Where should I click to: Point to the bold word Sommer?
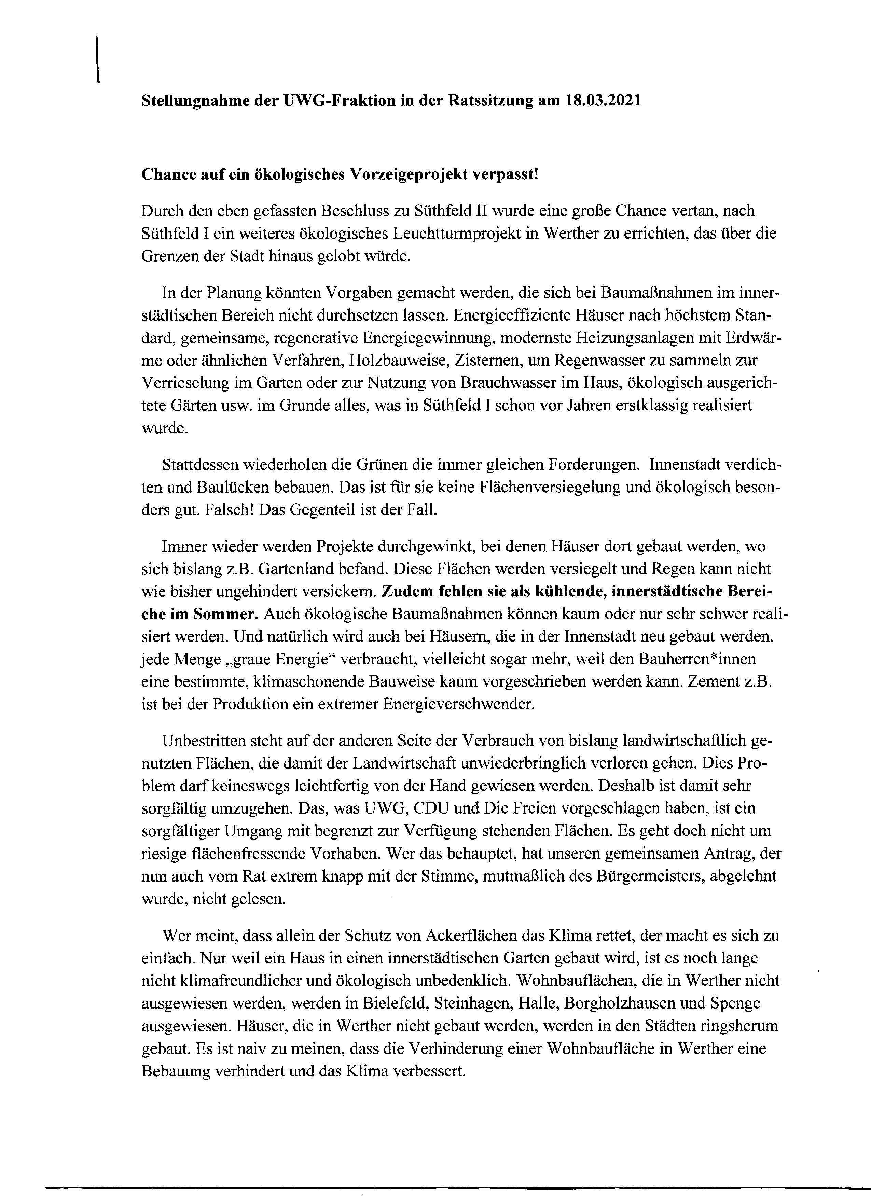[227, 614]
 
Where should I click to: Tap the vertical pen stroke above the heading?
[98, 58]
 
